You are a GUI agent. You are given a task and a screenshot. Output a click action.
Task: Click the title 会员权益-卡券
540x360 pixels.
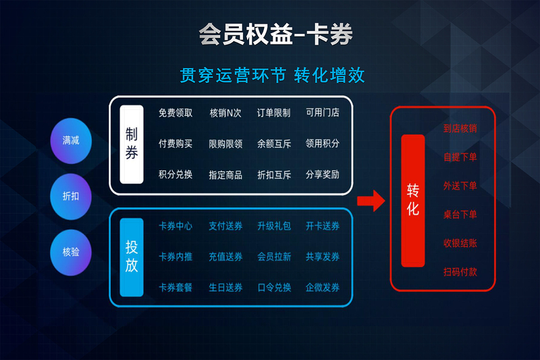[x=276, y=34]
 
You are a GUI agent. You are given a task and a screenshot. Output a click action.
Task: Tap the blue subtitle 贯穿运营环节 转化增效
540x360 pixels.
[x=272, y=75]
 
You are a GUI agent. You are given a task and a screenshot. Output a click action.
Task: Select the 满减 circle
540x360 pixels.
[x=71, y=140]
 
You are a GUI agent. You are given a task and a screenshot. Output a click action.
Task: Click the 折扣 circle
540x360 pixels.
[x=71, y=197]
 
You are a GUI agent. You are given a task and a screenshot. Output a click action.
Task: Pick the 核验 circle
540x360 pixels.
[x=71, y=252]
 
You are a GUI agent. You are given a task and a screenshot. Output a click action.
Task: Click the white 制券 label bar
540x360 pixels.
[x=132, y=145]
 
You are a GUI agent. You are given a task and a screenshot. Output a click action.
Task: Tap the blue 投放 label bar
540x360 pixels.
[x=132, y=257]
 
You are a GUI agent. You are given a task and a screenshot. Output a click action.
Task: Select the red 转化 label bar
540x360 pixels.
[x=413, y=201]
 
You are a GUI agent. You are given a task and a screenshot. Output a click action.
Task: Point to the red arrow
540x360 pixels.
[x=371, y=201]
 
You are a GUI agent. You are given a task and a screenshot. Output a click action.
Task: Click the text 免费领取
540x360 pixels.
[x=175, y=113]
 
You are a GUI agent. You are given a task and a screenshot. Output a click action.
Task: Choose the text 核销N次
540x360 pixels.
[x=225, y=113]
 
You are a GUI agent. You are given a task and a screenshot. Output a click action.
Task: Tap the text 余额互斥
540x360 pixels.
[x=274, y=144]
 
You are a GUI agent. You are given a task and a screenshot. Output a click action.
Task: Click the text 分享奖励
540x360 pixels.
[x=323, y=175]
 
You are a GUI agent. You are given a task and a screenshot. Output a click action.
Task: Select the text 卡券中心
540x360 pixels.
[x=175, y=226]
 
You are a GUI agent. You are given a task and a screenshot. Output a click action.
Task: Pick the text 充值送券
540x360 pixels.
[x=225, y=257]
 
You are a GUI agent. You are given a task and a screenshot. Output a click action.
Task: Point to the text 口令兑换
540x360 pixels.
[x=274, y=287]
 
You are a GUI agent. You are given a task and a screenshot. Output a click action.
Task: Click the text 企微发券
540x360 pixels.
[x=323, y=287]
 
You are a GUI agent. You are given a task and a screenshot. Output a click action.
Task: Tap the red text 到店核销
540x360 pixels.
[x=460, y=128]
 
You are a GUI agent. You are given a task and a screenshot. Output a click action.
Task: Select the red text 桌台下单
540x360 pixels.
[x=460, y=215]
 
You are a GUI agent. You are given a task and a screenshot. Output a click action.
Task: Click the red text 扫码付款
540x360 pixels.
[x=460, y=272]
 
